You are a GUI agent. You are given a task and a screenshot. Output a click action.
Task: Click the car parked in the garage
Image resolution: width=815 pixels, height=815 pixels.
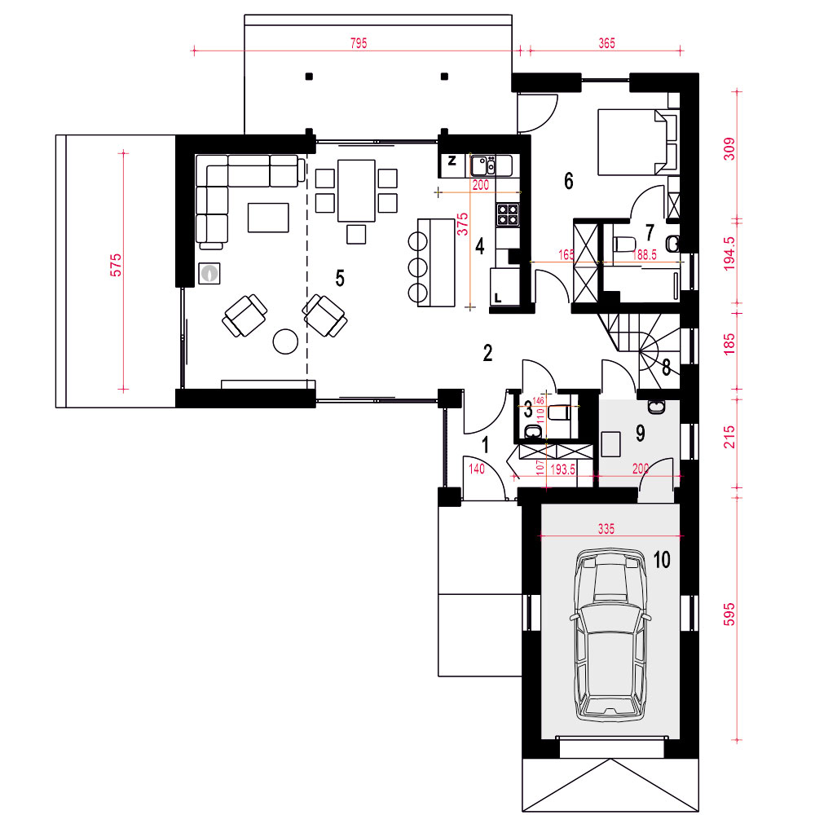[610, 635]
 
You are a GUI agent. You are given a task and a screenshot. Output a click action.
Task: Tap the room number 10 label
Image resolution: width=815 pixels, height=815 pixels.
[662, 560]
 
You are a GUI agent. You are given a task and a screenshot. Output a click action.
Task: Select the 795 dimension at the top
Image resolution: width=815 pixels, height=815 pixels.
[359, 43]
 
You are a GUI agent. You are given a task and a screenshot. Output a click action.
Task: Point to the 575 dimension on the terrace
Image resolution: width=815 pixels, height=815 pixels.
[116, 265]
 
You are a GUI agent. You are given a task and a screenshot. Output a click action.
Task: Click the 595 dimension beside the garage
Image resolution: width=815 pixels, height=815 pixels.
[729, 615]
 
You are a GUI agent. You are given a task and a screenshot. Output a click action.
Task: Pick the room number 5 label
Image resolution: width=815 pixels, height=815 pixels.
[340, 278]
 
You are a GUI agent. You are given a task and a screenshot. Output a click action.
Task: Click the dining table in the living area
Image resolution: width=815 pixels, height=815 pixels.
[357, 190]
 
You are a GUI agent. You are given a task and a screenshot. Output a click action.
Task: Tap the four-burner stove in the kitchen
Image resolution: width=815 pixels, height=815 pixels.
[508, 214]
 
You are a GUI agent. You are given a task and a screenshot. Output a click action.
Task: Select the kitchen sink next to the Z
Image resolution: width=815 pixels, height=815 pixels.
[483, 165]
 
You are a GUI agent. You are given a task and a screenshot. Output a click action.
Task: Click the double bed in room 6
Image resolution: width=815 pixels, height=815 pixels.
[638, 141]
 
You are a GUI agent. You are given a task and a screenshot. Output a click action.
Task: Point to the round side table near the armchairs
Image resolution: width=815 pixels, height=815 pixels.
[285, 341]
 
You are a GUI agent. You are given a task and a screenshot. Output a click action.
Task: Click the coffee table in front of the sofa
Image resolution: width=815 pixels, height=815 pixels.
[268, 218]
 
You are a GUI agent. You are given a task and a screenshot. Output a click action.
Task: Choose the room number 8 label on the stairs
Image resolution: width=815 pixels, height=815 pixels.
[667, 368]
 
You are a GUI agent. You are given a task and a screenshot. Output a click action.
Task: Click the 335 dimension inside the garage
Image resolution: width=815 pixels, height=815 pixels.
[606, 529]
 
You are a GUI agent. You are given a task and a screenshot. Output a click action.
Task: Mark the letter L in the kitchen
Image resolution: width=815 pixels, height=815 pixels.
[497, 298]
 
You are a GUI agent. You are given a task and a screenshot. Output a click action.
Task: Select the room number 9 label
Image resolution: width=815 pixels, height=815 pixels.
[641, 433]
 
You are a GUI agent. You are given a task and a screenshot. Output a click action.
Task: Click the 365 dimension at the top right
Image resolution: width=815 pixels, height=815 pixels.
[606, 43]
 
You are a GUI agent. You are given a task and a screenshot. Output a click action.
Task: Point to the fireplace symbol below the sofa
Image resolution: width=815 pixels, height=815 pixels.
[209, 273]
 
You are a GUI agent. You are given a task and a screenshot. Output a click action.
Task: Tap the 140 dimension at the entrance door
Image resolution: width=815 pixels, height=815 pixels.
[477, 469]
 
